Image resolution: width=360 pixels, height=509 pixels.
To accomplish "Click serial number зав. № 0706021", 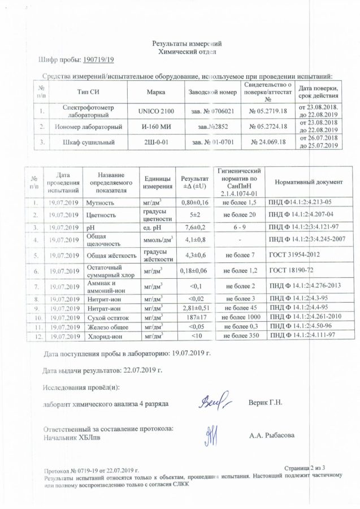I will pos(212,110).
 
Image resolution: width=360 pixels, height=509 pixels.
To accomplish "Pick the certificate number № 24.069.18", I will pos(268,143).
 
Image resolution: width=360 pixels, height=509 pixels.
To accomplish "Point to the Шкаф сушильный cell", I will pos(90,143).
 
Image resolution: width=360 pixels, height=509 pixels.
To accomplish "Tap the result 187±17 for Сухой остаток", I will pos(192,318).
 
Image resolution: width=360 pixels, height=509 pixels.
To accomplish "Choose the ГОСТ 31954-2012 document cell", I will pos(294,255).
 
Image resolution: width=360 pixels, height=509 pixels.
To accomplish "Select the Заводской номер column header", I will pos(212,92).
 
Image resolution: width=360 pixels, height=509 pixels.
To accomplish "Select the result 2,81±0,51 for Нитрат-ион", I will pos(192,309).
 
